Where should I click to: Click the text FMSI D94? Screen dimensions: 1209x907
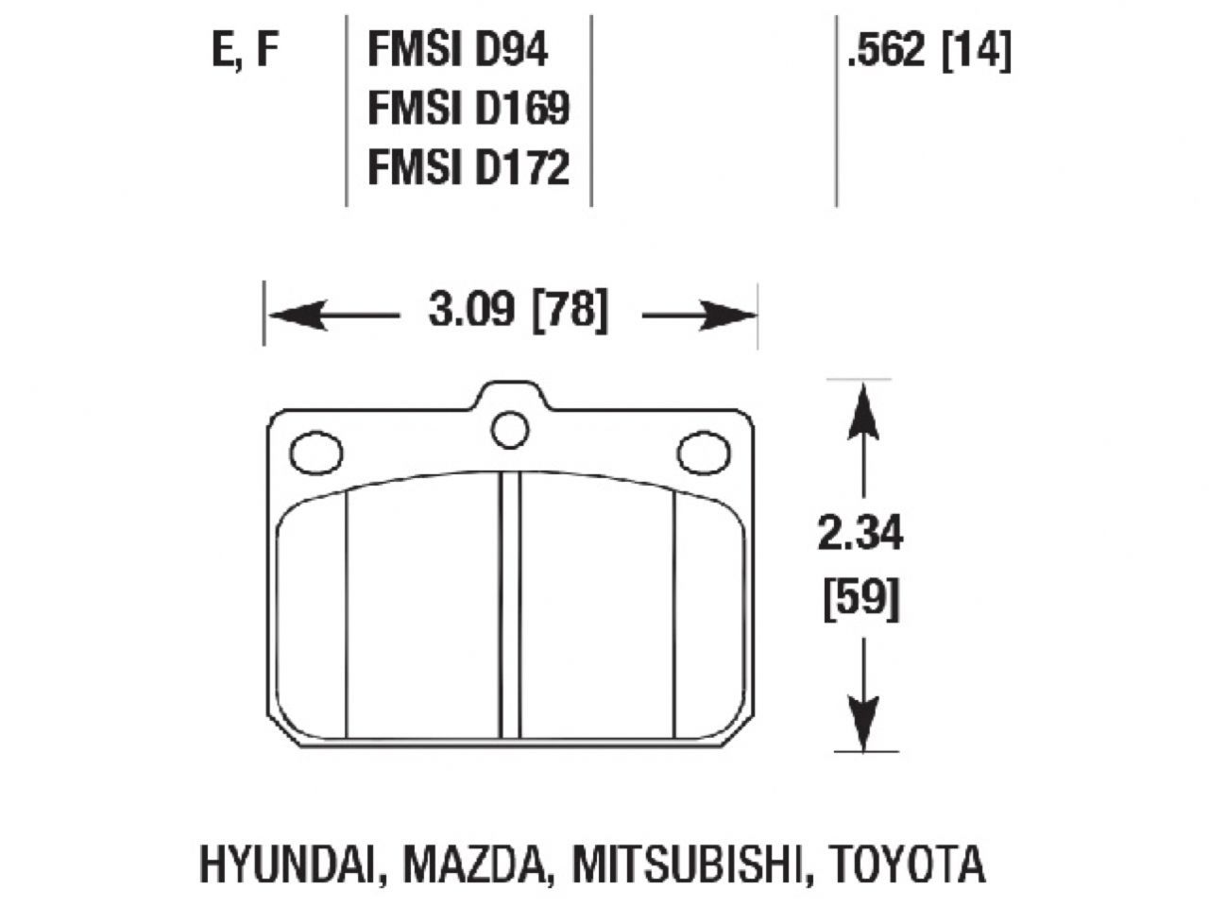457,52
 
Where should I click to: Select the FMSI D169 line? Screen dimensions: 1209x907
468,110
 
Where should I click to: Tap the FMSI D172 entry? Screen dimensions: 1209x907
468,167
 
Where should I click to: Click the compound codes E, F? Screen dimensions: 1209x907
246,52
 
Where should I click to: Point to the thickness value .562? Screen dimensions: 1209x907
886,52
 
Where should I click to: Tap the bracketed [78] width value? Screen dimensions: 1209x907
569,311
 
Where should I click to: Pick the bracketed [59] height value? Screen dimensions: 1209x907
860,597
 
